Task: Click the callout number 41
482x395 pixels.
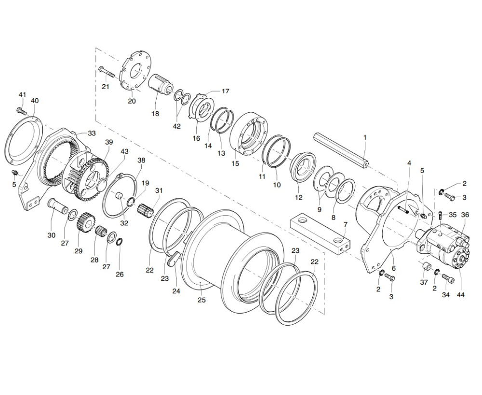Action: [x=23, y=94]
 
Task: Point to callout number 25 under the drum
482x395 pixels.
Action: [x=201, y=300]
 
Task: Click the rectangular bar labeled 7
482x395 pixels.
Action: [x=320, y=235]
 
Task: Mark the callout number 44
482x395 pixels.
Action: [x=460, y=295]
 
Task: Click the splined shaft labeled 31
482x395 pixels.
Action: [x=146, y=210]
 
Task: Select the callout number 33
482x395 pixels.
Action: [x=92, y=133]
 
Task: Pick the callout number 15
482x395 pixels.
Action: [x=235, y=163]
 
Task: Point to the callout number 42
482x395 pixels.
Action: [x=177, y=126]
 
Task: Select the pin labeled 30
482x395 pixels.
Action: [x=58, y=206]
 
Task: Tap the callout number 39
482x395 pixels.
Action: [x=109, y=142]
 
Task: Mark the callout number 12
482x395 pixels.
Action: [x=298, y=197]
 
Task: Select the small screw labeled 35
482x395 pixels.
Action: [x=442, y=215]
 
